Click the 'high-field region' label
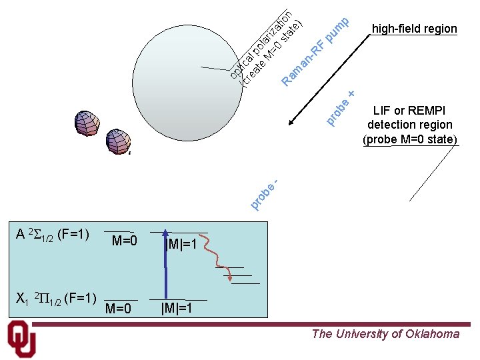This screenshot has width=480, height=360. tap(414, 29)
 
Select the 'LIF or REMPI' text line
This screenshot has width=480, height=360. tap(409, 111)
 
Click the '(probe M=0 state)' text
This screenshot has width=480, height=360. tap(409, 139)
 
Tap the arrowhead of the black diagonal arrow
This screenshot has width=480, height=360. tap(291, 123)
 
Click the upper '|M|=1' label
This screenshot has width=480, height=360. tap(181, 245)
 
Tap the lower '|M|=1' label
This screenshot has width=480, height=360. tap(177, 308)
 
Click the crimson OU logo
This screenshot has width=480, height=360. tap(21, 339)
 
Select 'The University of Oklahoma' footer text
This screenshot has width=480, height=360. tap(385, 334)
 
